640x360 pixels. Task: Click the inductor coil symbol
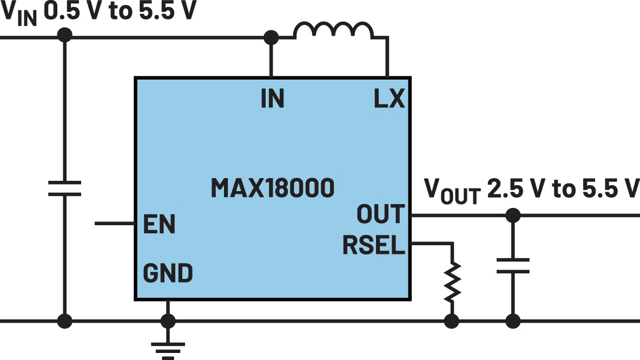[333, 31]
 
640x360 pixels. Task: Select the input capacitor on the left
[64, 188]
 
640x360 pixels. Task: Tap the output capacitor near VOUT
[512, 266]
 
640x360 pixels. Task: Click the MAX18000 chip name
[272, 188]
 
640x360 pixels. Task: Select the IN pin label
[272, 99]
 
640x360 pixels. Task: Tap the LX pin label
[389, 99]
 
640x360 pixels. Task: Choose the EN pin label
[159, 224]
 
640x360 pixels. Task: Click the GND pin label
[168, 273]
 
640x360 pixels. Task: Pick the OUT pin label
[380, 215]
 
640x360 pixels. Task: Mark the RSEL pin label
[374, 246]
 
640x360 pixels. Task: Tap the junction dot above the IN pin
[270, 37]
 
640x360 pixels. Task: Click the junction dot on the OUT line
[512, 215]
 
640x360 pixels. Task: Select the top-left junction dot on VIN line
[64, 36]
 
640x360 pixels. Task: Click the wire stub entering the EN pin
[114, 223]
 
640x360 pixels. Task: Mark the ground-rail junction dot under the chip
[168, 321]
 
